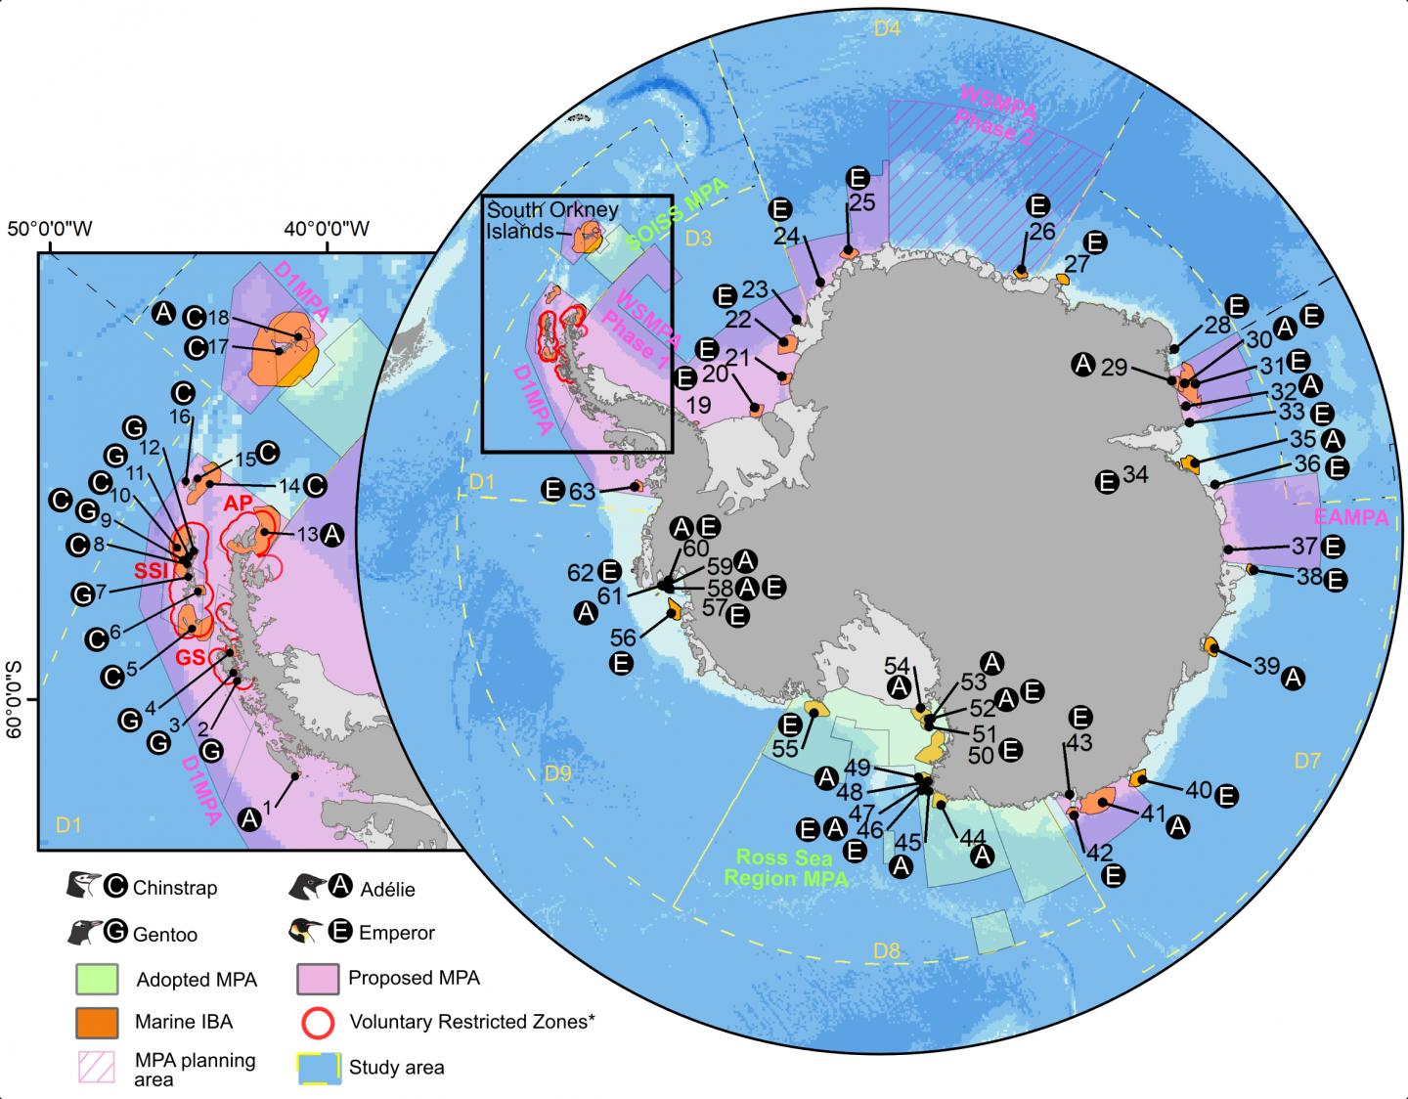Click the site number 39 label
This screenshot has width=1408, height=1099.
(1266, 665)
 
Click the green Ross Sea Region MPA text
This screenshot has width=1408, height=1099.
(784, 868)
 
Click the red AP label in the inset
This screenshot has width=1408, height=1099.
(239, 503)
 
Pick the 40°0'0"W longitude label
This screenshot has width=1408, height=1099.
(326, 230)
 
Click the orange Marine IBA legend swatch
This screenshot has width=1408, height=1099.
(97, 1022)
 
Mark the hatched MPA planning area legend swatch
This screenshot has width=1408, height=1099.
(97, 1068)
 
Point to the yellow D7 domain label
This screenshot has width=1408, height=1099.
(1308, 759)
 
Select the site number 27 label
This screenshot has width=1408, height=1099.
(1077, 264)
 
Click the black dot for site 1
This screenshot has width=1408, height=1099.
(295, 775)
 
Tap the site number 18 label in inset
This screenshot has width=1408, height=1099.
(218, 317)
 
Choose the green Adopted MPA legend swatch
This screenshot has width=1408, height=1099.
(97, 978)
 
